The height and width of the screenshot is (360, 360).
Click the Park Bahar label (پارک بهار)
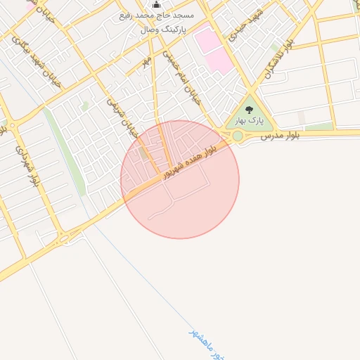coord(250,121)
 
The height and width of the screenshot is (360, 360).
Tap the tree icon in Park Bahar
coord(249,110)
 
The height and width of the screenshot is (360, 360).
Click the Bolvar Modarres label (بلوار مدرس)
coord(281,134)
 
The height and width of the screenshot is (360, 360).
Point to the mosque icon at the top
coord(156,5)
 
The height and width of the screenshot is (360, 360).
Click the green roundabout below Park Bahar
coord(238,136)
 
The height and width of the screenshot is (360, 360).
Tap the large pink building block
coord(212,49)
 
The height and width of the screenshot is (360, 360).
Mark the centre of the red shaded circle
coord(180,179)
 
